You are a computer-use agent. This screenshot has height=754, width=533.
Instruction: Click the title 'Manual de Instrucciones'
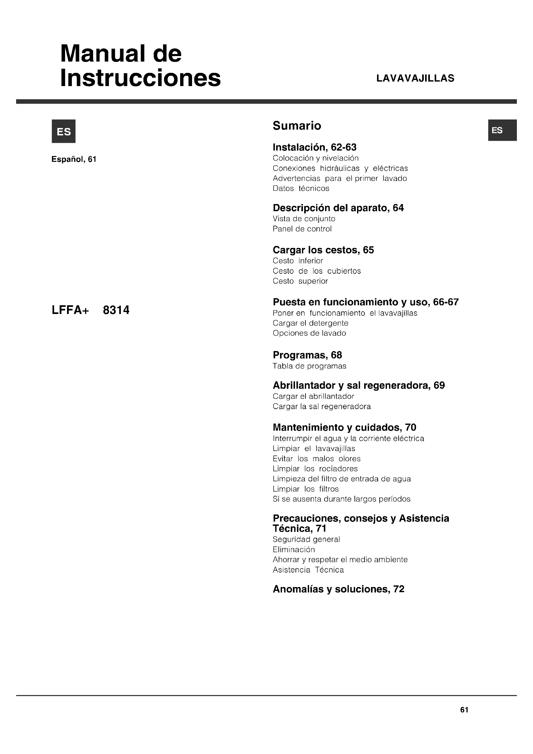(141, 66)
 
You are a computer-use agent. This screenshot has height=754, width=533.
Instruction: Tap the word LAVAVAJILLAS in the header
(415, 78)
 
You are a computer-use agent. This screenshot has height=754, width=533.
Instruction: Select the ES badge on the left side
(64, 131)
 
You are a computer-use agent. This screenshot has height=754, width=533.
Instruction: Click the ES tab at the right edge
(502, 130)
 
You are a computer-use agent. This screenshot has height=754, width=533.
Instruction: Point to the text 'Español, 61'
(74, 159)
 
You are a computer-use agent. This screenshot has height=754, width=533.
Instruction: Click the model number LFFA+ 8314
(91, 310)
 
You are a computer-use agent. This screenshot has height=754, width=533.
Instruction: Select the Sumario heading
(297, 125)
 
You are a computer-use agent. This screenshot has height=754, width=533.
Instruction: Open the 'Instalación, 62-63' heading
(315, 147)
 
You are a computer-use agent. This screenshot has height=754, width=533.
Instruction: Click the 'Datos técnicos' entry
(301, 189)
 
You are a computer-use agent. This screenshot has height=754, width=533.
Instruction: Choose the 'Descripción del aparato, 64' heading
(338, 208)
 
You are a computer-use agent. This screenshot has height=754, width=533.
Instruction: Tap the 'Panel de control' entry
(302, 229)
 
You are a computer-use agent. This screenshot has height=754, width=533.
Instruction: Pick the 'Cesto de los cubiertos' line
(317, 271)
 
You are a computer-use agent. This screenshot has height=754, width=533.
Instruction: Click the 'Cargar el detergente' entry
(310, 323)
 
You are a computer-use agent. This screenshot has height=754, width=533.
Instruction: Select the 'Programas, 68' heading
(307, 355)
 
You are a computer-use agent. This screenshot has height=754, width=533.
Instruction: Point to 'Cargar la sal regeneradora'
(322, 406)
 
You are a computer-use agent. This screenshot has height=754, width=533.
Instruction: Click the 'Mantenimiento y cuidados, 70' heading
(344, 427)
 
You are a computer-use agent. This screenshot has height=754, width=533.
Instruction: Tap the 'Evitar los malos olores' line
(316, 459)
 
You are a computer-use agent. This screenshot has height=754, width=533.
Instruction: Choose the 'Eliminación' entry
(294, 550)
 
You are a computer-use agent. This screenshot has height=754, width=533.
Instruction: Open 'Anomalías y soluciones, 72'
(338, 589)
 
